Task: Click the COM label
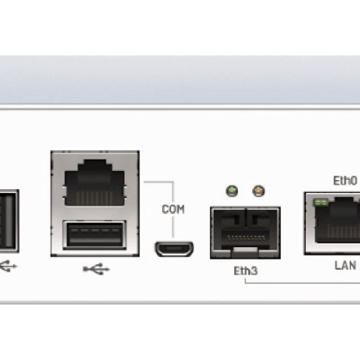point(173,209)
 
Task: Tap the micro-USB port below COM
point(175,249)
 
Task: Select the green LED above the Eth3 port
point(232,191)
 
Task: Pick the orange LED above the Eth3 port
point(258,191)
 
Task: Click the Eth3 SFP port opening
point(245,229)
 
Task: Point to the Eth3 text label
point(246,271)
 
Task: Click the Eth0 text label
point(345,181)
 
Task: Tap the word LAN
point(345,265)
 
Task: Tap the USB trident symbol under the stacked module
point(96,269)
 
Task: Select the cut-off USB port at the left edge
point(8,220)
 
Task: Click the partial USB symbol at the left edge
point(8,266)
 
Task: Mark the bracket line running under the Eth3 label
point(301,283)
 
